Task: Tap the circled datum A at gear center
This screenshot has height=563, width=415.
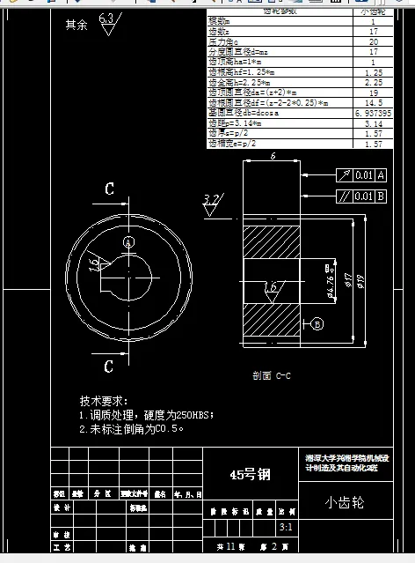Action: coord(128,241)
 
